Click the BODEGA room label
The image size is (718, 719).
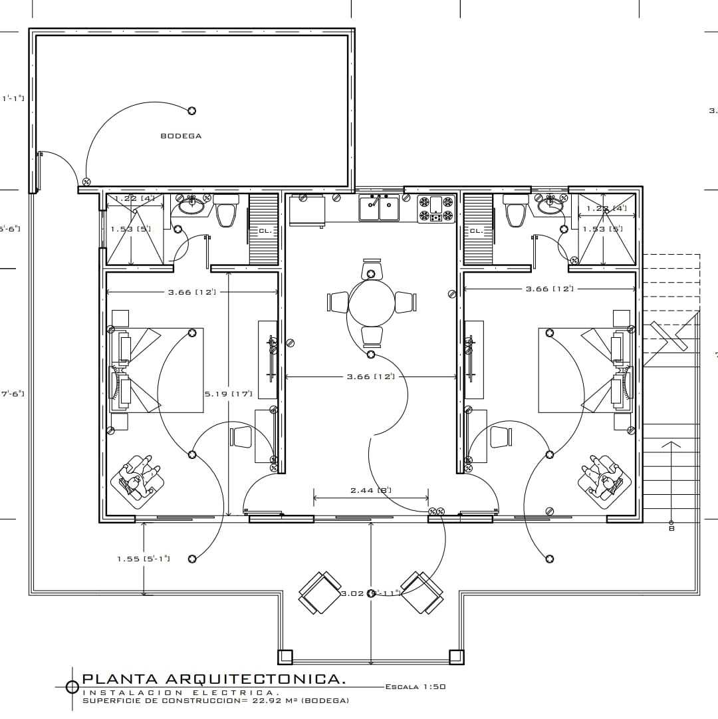pyautogui.click(x=181, y=136)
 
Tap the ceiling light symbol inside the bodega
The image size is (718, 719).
pyautogui.click(x=192, y=110)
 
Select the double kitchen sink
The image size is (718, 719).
pyautogui.click(x=379, y=208)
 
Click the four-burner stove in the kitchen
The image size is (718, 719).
pyautogui.click(x=436, y=209)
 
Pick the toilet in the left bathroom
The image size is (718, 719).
pyautogui.click(x=227, y=212)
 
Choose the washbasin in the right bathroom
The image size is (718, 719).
pyautogui.click(x=550, y=206)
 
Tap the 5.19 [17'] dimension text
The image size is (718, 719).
pyautogui.click(x=228, y=394)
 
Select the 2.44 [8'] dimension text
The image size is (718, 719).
pyautogui.click(x=370, y=490)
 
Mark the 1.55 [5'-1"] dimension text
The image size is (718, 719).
pyautogui.click(x=144, y=559)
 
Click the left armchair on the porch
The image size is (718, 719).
pyautogui.click(x=320, y=593)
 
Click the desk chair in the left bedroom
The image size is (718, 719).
pyautogui.click(x=241, y=437)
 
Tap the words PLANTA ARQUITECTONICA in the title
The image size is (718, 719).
pyautogui.click(x=213, y=679)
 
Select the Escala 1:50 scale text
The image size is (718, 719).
pyautogui.click(x=415, y=686)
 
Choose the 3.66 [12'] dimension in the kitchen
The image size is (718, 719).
pyautogui.click(x=370, y=376)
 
